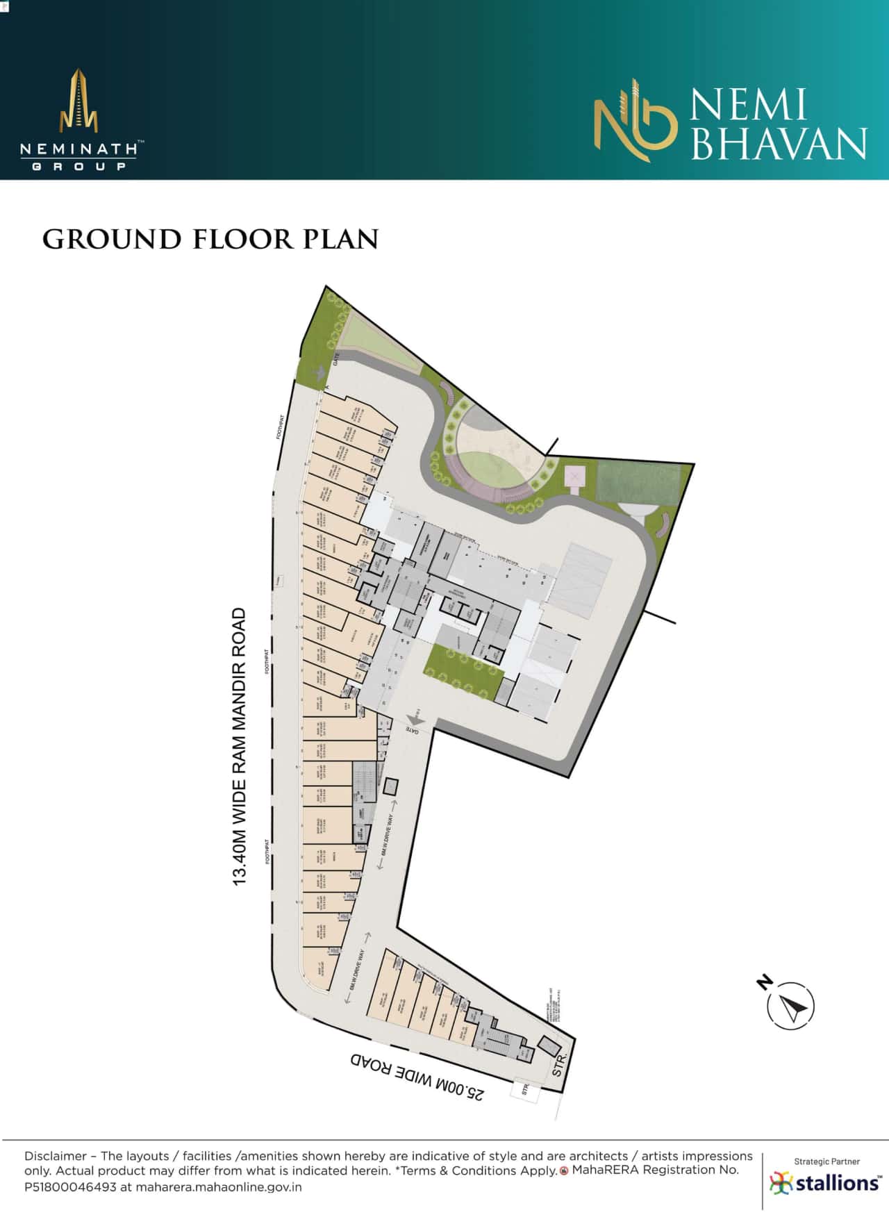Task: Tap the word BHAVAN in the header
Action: point(779,143)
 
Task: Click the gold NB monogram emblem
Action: point(634,122)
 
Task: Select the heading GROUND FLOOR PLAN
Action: point(210,240)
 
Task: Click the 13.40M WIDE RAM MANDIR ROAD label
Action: point(240,747)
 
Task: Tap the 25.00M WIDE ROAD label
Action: point(417,1075)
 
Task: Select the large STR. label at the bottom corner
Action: point(560,1063)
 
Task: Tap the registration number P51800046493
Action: point(70,1187)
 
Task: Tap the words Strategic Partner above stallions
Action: point(826,1161)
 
